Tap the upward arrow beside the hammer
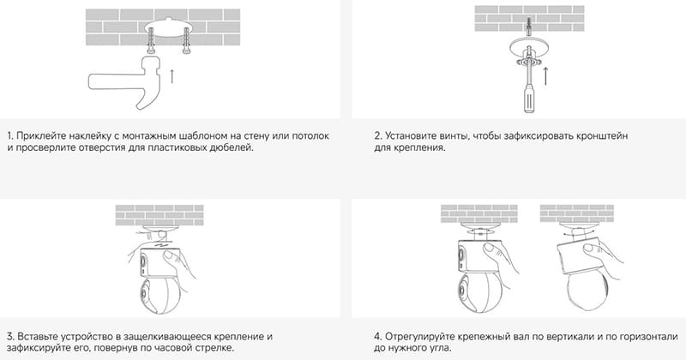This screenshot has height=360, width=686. (172, 75)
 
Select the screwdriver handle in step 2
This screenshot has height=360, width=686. (529, 100)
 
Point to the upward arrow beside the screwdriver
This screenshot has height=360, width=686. (545, 76)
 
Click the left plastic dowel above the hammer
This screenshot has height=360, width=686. (151, 39)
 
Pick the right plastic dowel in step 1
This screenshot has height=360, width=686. (186, 40)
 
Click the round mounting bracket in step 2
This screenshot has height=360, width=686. (529, 46)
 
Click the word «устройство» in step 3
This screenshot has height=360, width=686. (87, 337)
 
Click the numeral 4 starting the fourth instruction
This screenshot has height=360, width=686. (377, 337)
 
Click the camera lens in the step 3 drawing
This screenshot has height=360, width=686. (145, 292)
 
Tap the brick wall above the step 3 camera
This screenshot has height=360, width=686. (159, 215)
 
